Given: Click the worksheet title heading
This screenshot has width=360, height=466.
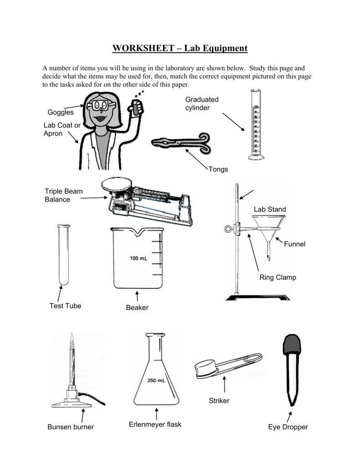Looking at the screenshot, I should [x=180, y=48].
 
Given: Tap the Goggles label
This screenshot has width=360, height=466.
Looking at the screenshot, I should [x=61, y=112].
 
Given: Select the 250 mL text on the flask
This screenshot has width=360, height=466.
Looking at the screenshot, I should [x=156, y=380].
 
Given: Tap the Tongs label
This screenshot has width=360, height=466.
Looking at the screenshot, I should [x=218, y=169].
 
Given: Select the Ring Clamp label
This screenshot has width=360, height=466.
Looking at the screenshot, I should [x=278, y=277].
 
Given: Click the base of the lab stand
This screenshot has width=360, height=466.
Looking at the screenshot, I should [x=258, y=298].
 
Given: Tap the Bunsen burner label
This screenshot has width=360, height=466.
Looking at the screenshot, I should [x=71, y=427].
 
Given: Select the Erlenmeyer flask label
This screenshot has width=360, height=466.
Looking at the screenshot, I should [x=155, y=424].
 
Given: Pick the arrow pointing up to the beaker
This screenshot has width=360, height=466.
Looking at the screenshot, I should [x=137, y=297].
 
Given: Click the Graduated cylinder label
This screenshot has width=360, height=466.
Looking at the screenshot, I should [x=202, y=103].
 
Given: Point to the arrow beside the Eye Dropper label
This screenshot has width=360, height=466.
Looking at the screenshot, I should [x=289, y=416].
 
